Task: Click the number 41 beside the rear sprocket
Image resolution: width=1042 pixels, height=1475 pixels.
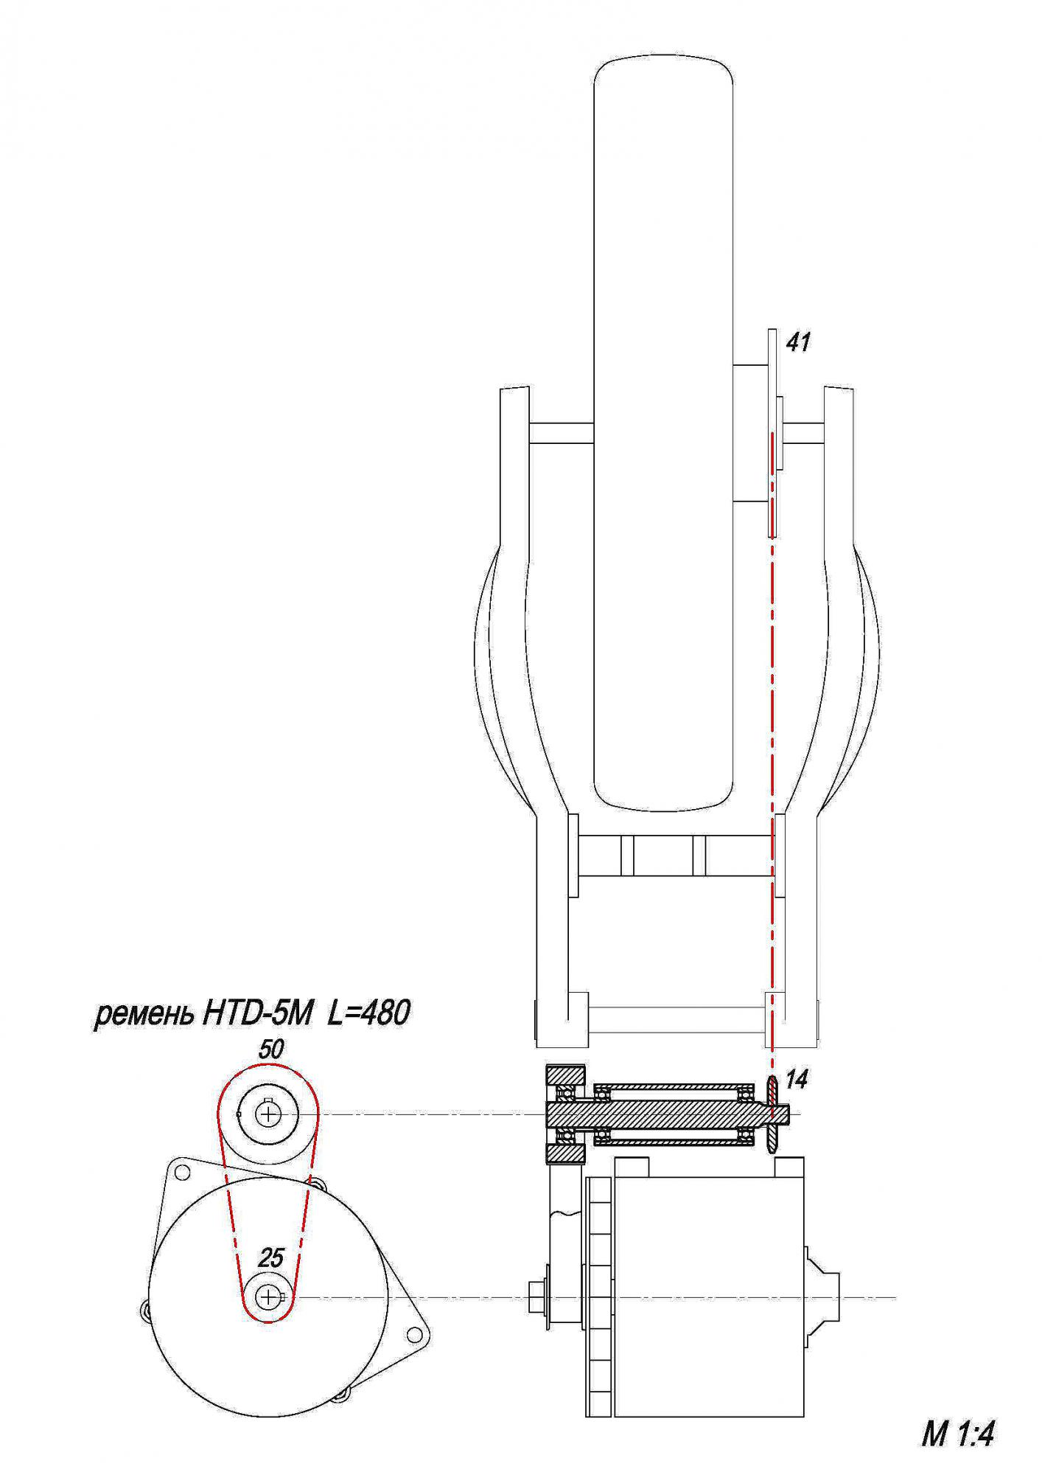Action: pos(798,342)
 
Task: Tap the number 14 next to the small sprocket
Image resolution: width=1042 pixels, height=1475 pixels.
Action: pos(797,1080)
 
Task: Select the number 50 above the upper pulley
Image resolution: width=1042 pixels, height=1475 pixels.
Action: pos(270,1050)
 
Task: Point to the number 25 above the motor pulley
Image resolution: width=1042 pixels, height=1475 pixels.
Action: pos(270,1258)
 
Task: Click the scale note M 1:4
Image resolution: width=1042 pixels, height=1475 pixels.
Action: pos(957,1435)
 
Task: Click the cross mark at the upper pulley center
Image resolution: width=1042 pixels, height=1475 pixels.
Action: pos(269,1114)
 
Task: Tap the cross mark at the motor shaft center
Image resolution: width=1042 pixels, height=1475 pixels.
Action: pos(269,1297)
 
